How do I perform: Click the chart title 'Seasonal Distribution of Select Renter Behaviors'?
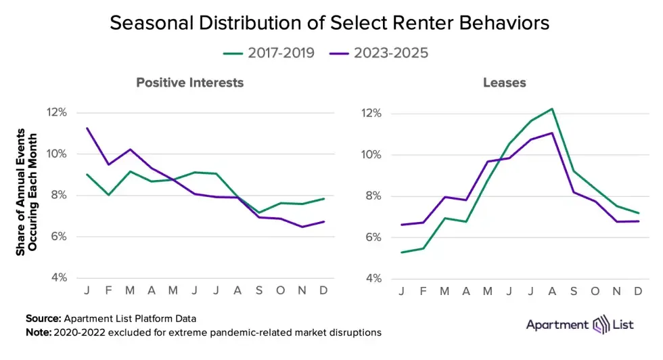click(329, 23)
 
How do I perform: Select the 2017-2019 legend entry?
click(269, 53)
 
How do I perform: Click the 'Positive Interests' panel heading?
click(189, 83)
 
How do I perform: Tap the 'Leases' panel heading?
click(504, 83)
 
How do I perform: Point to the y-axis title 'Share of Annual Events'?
click(21, 192)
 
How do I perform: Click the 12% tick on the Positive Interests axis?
click(57, 112)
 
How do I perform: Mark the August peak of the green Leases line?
click(552, 108)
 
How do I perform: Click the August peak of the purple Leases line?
click(552, 133)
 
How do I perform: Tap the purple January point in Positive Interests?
click(87, 128)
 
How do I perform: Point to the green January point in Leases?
click(402, 252)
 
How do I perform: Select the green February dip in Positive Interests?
click(108, 195)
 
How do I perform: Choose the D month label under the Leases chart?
click(637, 291)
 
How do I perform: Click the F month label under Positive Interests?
click(108, 290)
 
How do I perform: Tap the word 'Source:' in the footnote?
click(43, 318)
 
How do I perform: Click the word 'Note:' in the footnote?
click(39, 332)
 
